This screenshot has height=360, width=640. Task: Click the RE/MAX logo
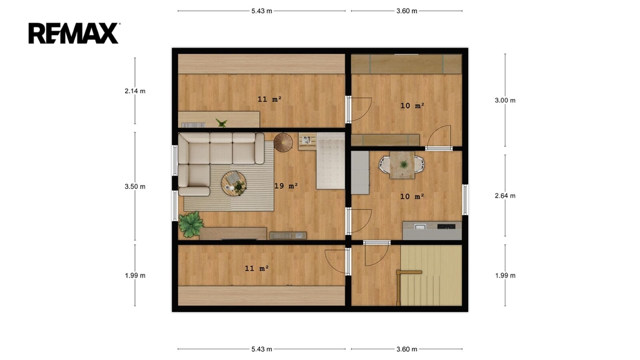[74, 33]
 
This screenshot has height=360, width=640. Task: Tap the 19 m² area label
[286, 186]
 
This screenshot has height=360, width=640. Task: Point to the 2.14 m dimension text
[135, 91]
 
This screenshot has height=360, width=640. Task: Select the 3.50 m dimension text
[135, 186]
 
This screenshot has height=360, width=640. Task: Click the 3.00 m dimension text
[505, 101]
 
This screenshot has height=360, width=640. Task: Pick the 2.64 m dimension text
[505, 196]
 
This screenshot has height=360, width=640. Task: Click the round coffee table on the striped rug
[234, 184]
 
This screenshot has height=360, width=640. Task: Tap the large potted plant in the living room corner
[191, 224]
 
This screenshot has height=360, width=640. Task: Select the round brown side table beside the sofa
[283, 142]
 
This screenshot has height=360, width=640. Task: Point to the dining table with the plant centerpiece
[402, 165]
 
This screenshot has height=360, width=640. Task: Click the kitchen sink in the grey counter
[420, 226]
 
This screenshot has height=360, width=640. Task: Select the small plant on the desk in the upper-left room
[222, 122]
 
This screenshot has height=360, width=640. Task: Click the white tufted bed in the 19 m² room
[331, 161]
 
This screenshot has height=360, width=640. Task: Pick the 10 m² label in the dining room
[412, 197]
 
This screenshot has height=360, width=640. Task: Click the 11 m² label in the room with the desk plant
[269, 99]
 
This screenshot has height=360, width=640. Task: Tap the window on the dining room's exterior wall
[465, 199]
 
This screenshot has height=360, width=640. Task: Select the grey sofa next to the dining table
[360, 172]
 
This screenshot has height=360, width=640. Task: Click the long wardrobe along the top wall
[406, 64]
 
